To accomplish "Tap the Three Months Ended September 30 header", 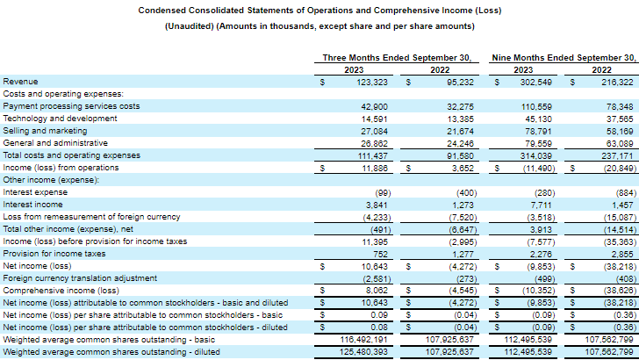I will (x=398, y=57).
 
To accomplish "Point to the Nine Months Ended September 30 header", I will (x=563, y=57).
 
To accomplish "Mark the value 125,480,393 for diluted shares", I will (x=362, y=351).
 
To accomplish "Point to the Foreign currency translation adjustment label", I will (x=72, y=277).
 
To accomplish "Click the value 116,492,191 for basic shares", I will (x=362, y=339).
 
